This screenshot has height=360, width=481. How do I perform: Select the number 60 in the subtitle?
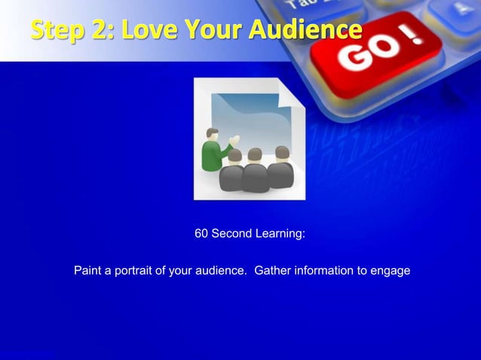click(201, 234)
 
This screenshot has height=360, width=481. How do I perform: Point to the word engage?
click(392, 270)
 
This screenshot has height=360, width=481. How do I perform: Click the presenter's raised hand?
click(236, 139)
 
